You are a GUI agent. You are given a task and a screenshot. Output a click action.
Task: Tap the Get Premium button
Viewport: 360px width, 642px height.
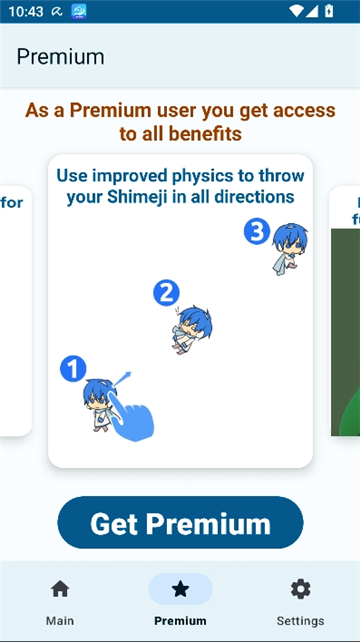180,523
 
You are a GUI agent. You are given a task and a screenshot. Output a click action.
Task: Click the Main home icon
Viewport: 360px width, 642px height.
60,589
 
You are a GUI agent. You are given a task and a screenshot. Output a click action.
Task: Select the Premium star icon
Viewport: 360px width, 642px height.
180,589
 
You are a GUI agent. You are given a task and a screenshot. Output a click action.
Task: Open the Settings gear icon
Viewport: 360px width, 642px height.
300,589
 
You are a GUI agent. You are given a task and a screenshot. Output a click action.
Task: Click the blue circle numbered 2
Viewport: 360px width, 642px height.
165,293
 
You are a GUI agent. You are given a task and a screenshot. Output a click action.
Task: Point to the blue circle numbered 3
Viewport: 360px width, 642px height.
257,232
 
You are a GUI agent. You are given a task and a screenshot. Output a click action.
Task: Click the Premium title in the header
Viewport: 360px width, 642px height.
60,56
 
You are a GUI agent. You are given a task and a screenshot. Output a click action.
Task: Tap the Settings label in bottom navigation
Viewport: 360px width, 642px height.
300,621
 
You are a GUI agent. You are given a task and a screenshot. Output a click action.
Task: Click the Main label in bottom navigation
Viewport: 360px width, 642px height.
60,621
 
